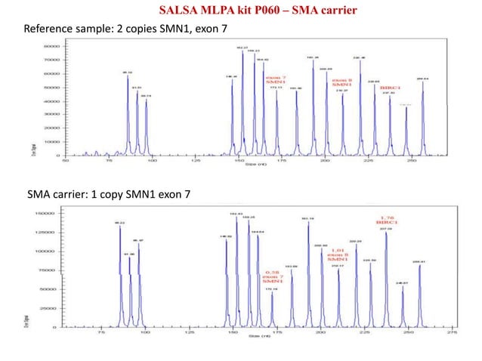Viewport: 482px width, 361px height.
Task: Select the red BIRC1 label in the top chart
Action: [390, 87]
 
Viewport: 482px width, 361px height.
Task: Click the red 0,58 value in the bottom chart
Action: [273, 273]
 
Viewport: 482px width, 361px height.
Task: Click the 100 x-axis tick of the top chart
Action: [152, 160]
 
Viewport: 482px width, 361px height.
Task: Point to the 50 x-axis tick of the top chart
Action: [66, 160]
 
